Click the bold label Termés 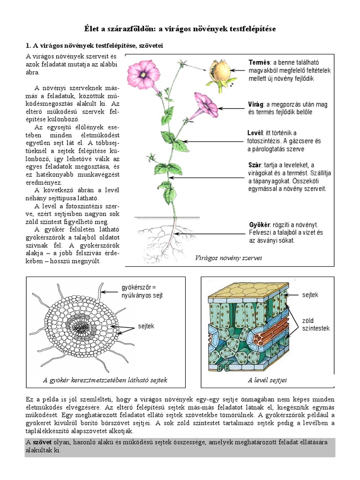tap(259, 62)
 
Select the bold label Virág tap(256, 104)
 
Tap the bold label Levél tap(256, 133)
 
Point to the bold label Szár tap(255, 165)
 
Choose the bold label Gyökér tap(259, 224)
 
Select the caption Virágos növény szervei tap(228, 258)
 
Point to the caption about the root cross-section tap(105, 380)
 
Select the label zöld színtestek tap(315, 324)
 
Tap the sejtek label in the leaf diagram tap(310, 295)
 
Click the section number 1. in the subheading tap(28, 45)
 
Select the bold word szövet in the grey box tap(41, 442)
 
